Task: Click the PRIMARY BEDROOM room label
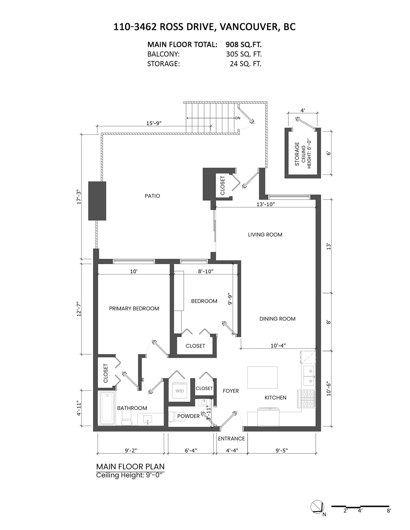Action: (x=134, y=308)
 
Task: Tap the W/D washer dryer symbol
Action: (x=180, y=391)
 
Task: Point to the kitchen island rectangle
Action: (x=262, y=377)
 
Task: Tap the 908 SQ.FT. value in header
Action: (x=243, y=45)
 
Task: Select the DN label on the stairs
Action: (x=238, y=118)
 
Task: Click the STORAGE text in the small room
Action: (x=297, y=154)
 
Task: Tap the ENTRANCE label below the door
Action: (x=231, y=438)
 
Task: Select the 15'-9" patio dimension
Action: (x=154, y=123)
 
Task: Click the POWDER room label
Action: (x=188, y=416)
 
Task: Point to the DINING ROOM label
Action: (x=277, y=319)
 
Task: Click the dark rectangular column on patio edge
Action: (x=97, y=201)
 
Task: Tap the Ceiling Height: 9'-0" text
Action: (x=129, y=475)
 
